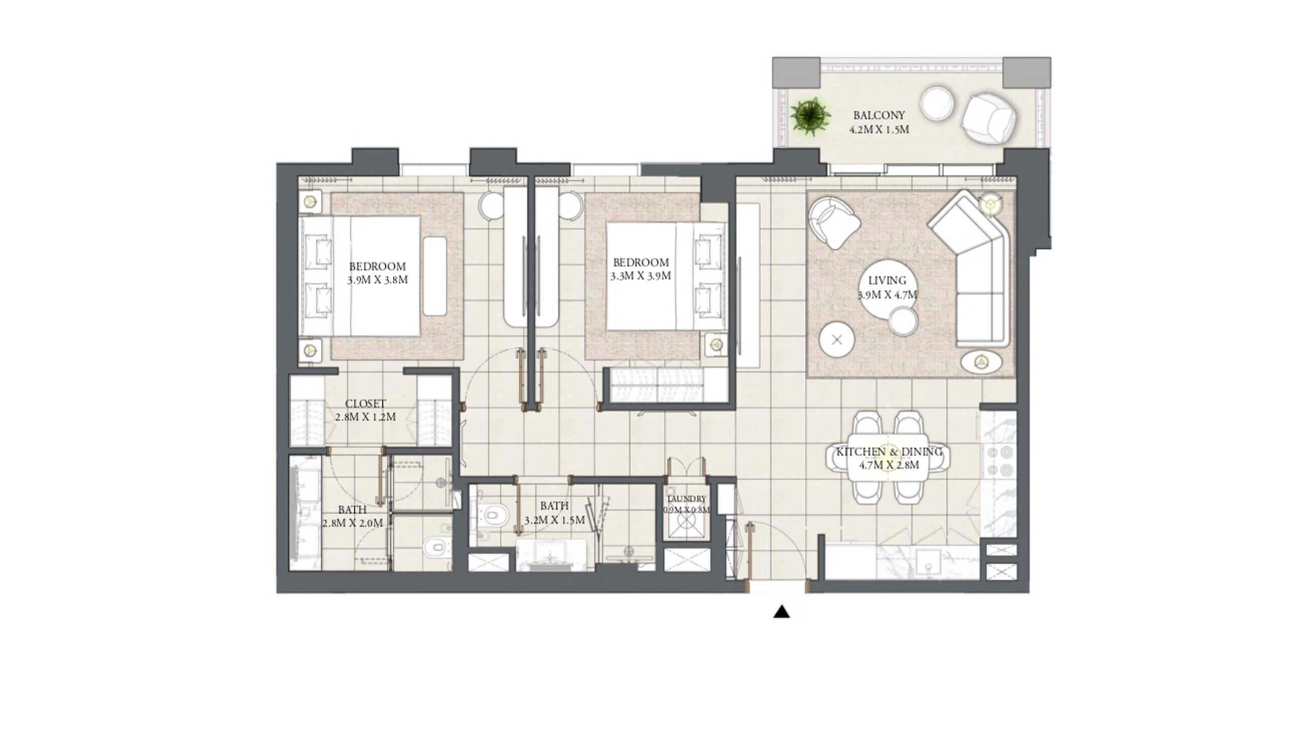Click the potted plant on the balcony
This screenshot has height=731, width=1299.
coord(810,117)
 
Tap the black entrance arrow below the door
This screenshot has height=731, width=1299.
coord(781,612)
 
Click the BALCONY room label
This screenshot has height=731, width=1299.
coord(879,115)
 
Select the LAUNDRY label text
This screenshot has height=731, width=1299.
coord(687,499)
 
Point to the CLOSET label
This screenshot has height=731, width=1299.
coord(365,404)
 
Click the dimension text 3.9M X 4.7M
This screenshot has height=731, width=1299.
coord(887,295)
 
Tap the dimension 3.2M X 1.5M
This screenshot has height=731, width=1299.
coord(555,520)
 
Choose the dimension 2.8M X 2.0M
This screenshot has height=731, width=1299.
coord(352,522)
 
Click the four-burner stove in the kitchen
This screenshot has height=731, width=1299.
coord(999,461)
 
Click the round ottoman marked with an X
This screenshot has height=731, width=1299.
coord(837,340)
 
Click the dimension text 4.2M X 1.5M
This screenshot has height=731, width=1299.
coord(879,129)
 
